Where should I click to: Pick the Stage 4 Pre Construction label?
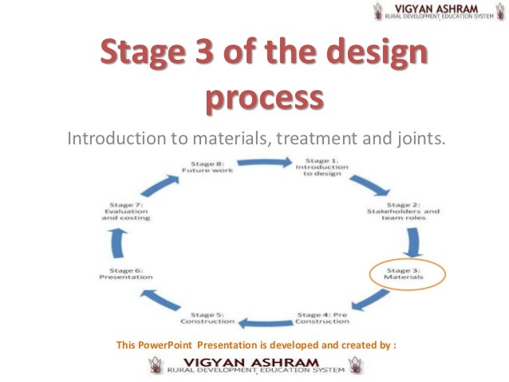point(322,317)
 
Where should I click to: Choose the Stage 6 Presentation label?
point(126,274)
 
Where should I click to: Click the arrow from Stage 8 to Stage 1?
point(261,162)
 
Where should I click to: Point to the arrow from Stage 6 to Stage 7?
point(120,242)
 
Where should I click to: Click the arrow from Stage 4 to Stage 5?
point(267,323)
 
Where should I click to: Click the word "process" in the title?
point(264,100)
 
